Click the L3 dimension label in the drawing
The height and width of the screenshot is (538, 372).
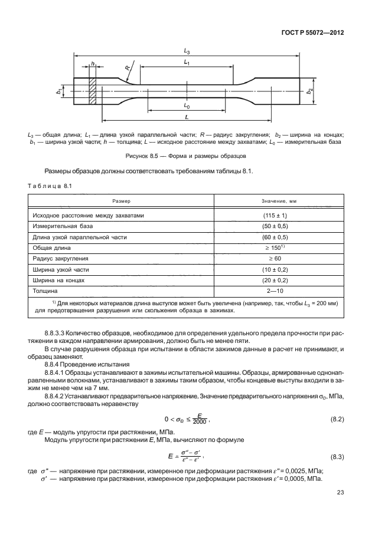(187, 52)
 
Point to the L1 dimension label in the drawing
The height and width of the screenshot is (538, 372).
(187, 62)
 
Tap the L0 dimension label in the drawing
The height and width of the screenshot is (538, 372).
(187, 107)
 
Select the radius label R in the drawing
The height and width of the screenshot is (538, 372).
(127, 68)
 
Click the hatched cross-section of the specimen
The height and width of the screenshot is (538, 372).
(92, 91)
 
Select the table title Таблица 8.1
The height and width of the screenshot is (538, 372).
(50, 186)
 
